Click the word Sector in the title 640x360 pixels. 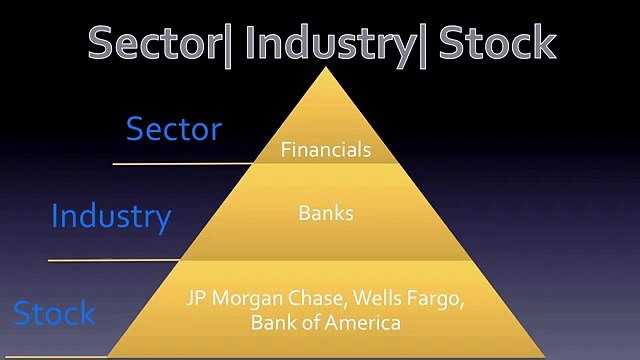pos(151,42)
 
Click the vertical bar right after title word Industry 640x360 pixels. pos(424,43)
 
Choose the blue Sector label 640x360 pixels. pos(173,129)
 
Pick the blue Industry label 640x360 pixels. pos(111,216)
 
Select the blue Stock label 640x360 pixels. pos(54,313)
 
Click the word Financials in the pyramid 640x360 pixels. pos(326,150)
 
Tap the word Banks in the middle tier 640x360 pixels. pos(326,213)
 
